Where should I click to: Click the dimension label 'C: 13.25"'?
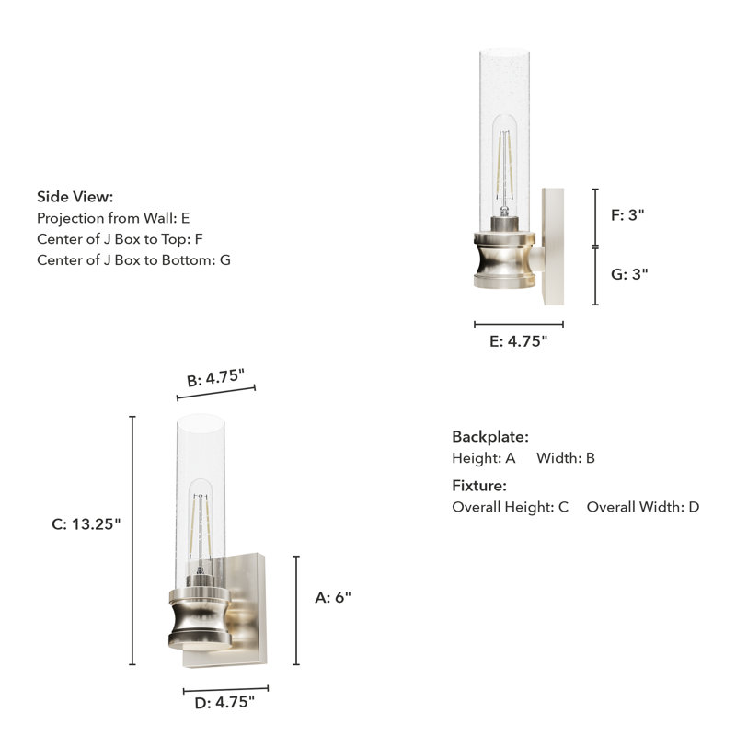[x=86, y=523]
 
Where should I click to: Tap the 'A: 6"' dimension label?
[x=333, y=597]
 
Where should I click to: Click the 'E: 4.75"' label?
[x=519, y=341]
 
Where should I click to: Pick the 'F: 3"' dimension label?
[x=628, y=215]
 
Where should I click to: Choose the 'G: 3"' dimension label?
[x=629, y=274]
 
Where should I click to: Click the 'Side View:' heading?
[x=75, y=196]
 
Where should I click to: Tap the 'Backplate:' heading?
[x=490, y=437]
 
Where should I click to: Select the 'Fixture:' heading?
[x=479, y=486]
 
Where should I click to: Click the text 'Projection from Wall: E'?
[x=113, y=218]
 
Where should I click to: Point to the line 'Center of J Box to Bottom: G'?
[x=133, y=260]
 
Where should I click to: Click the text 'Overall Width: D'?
[x=643, y=507]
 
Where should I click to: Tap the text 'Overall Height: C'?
[x=511, y=507]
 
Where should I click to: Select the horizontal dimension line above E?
[x=519, y=324]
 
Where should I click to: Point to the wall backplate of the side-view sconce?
[x=554, y=248]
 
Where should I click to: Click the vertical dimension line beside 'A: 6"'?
[x=296, y=610]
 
